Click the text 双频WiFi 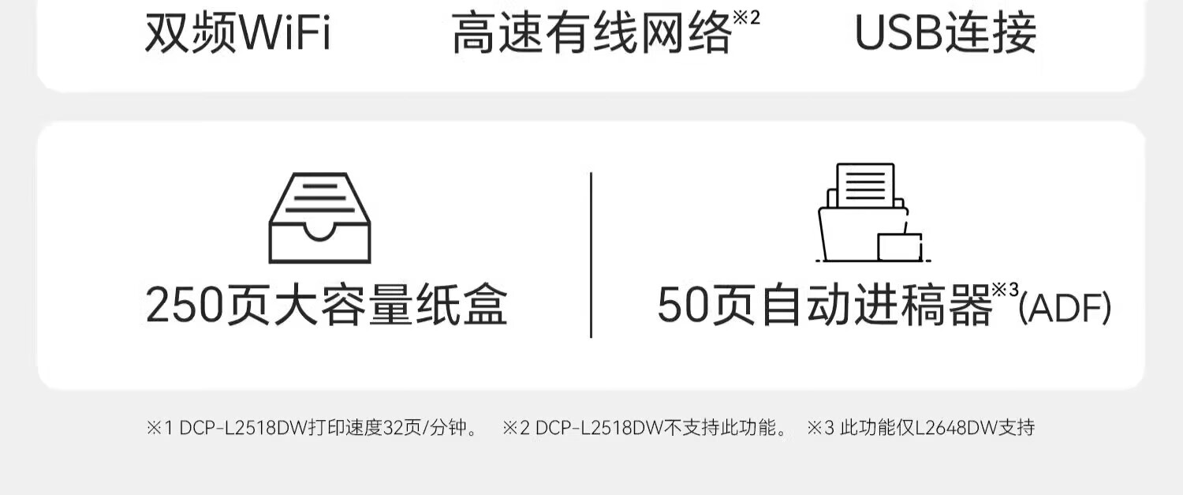[237, 33]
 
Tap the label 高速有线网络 [592, 33]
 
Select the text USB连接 [946, 33]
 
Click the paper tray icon [320, 218]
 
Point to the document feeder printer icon [873, 212]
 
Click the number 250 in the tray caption [185, 306]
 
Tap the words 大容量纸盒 [391, 306]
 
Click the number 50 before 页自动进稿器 [684, 306]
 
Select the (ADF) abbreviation [1065, 308]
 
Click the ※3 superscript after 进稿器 [1005, 290]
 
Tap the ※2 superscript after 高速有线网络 [746, 17]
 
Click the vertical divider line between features [591, 254]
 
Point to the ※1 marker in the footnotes [160, 427]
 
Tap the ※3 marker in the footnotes [821, 427]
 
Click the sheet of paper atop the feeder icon [866, 185]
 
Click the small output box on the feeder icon [900, 247]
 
